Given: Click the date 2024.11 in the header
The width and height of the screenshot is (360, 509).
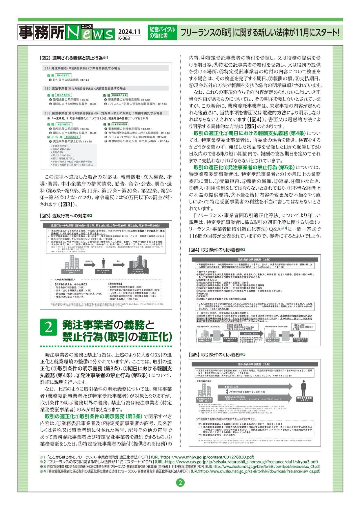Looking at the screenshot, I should coord(129,31).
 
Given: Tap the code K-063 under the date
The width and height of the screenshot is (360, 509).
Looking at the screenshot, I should coord(124,38).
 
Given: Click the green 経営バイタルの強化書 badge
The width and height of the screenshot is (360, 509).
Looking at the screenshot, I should coord(162,32).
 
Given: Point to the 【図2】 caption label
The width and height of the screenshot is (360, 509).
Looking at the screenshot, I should coord(45,58).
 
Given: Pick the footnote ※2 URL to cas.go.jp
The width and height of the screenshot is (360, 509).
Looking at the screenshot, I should coord(236,462).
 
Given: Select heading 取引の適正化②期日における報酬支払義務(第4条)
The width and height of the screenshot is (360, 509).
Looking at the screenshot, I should coord(250,133).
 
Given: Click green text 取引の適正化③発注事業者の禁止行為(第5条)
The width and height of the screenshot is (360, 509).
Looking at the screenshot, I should coord(244,167).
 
